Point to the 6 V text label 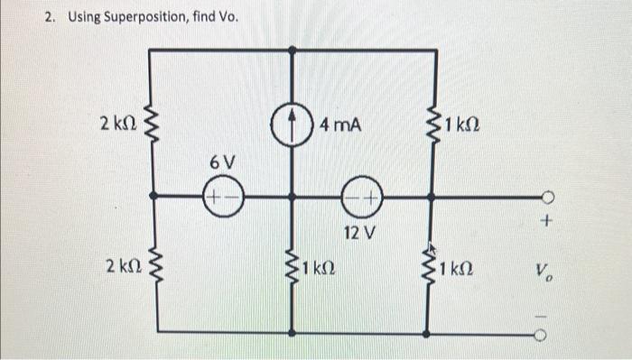pos(222,163)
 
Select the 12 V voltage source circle pos(359,196)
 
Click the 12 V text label pos(358,234)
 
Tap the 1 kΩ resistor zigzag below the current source pos(292,268)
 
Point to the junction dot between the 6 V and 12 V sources pos(292,196)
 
